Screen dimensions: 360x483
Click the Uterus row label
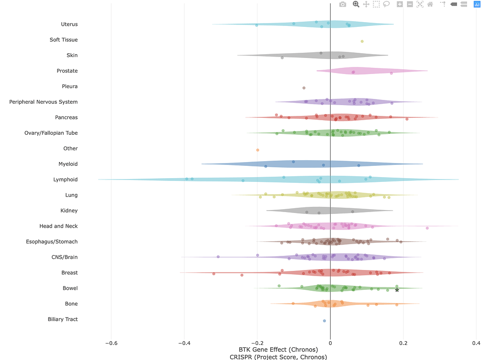[69, 25]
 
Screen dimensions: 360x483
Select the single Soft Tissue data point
[362, 41]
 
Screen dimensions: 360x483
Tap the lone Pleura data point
[304, 88]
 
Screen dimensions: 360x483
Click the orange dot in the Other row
[258, 150]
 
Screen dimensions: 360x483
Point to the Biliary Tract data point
[325, 321]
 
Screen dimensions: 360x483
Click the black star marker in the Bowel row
[397, 290]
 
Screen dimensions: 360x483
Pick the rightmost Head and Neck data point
[427, 228]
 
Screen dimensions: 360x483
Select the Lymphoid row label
[65, 180]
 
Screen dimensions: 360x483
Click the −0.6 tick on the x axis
[111, 343]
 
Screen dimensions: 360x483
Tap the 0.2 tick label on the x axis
[403, 343]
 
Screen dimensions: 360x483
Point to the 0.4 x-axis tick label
[475, 343]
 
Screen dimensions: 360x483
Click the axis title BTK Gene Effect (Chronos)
[278, 350]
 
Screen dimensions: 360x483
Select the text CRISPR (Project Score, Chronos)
[278, 357]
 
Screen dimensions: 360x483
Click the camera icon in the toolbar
[343, 4]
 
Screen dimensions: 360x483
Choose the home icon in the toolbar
[430, 4]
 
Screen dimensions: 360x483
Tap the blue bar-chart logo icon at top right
[476, 4]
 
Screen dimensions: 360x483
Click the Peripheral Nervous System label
[43, 102]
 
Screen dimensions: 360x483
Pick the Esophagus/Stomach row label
[51, 242]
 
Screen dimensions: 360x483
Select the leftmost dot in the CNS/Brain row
[218, 257]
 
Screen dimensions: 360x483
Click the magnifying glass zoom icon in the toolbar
[356, 4]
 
